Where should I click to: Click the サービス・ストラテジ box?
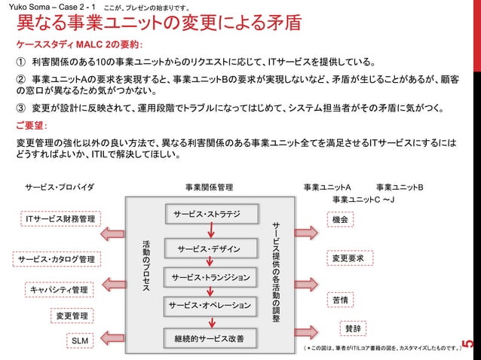(x=207, y=215)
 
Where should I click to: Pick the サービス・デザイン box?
(x=209, y=249)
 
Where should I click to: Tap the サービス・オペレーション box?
(x=209, y=306)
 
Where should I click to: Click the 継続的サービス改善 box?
(x=209, y=339)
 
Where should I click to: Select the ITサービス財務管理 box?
(x=60, y=219)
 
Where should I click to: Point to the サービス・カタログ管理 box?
(x=56, y=259)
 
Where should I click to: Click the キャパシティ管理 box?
(x=59, y=289)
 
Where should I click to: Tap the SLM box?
(x=79, y=341)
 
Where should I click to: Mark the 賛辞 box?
(x=352, y=328)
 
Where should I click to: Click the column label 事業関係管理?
(x=209, y=186)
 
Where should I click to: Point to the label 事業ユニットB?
(x=399, y=186)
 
